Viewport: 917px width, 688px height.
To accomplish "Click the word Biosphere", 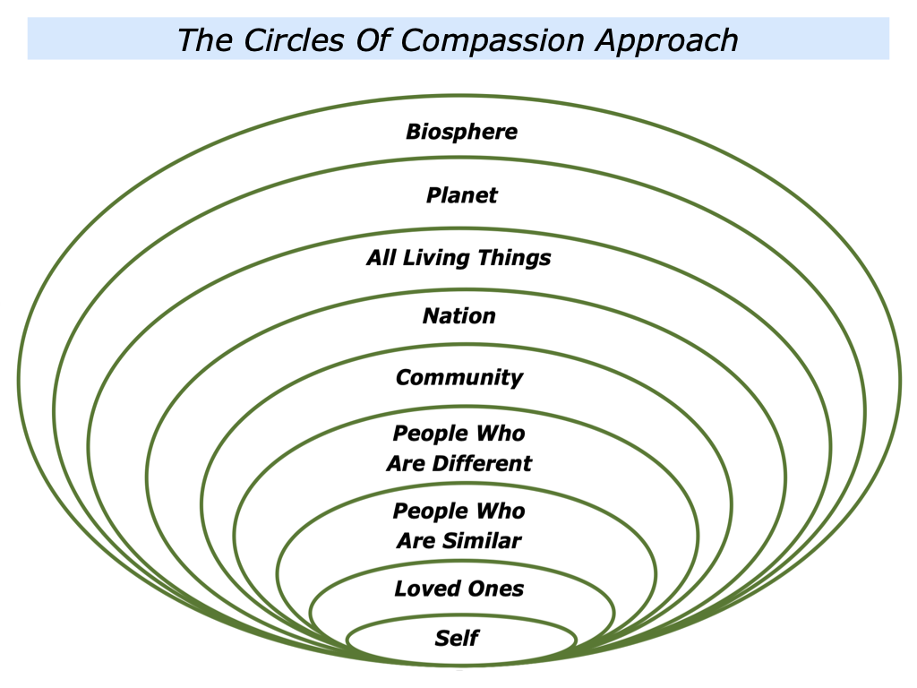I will pyautogui.click(x=461, y=132).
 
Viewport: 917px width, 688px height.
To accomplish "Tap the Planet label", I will pyautogui.click(x=461, y=195).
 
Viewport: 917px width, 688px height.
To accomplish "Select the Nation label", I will pyautogui.click(x=458, y=316).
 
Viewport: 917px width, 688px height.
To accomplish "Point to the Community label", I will pyautogui.click(x=458, y=377).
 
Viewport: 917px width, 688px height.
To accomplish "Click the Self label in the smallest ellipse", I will pyautogui.click(x=457, y=639).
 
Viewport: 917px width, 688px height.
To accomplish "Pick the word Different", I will pyautogui.click(x=484, y=464).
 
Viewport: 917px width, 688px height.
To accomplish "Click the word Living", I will pyautogui.click(x=438, y=259).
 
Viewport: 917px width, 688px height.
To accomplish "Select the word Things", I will pyautogui.click(x=514, y=259).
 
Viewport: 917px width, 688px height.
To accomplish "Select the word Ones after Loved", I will pyautogui.click(x=495, y=589).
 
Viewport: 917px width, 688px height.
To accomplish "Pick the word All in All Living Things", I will pyautogui.click(x=380, y=259).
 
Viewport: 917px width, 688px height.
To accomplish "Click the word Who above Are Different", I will pyautogui.click(x=501, y=434).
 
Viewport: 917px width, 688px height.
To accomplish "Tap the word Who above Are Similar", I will pyautogui.click(x=501, y=512).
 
